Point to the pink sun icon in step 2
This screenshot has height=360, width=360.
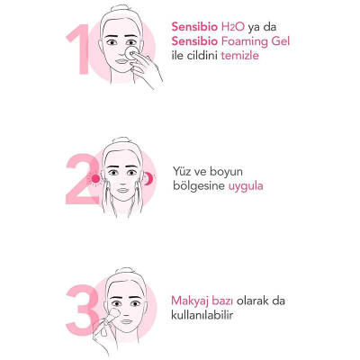(93, 179)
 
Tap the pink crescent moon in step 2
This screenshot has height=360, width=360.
(150, 179)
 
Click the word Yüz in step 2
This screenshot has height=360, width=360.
(184, 171)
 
